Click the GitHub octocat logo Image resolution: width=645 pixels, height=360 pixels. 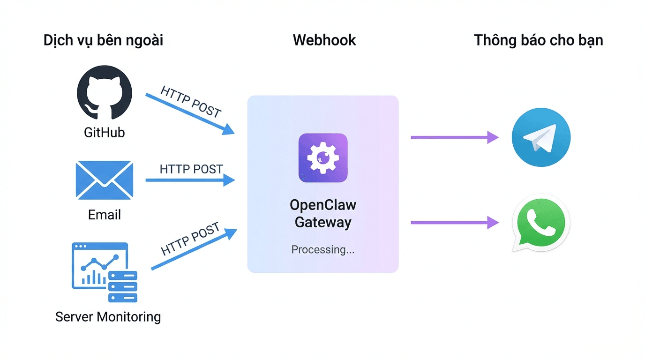104,93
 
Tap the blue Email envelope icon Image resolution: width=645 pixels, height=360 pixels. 104,180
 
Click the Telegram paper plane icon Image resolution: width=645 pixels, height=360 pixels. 541,137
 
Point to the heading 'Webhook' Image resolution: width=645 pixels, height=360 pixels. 324,40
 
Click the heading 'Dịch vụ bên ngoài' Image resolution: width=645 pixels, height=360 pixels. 103,41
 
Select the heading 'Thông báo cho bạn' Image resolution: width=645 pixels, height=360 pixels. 538,40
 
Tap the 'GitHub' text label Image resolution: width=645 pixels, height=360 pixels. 104,133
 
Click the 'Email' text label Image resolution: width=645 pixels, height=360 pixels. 104,215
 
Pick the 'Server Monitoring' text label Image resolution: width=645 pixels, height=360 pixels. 108,317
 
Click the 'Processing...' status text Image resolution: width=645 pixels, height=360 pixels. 323,250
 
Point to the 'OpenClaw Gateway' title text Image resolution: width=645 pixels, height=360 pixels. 323,213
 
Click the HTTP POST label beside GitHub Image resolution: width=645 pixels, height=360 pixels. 190,101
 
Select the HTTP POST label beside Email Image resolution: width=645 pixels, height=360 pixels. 191,169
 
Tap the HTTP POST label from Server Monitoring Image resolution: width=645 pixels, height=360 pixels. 190,239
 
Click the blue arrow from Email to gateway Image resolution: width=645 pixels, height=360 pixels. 190,180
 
